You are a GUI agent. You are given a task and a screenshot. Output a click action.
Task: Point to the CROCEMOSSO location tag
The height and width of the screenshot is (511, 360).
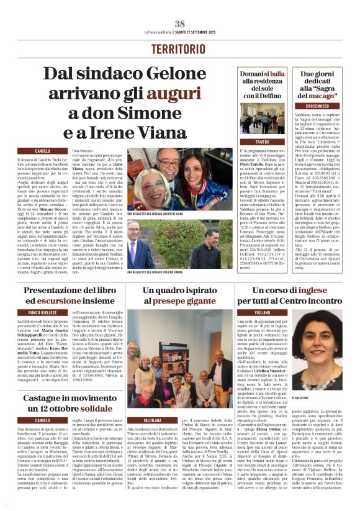point(317,124)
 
